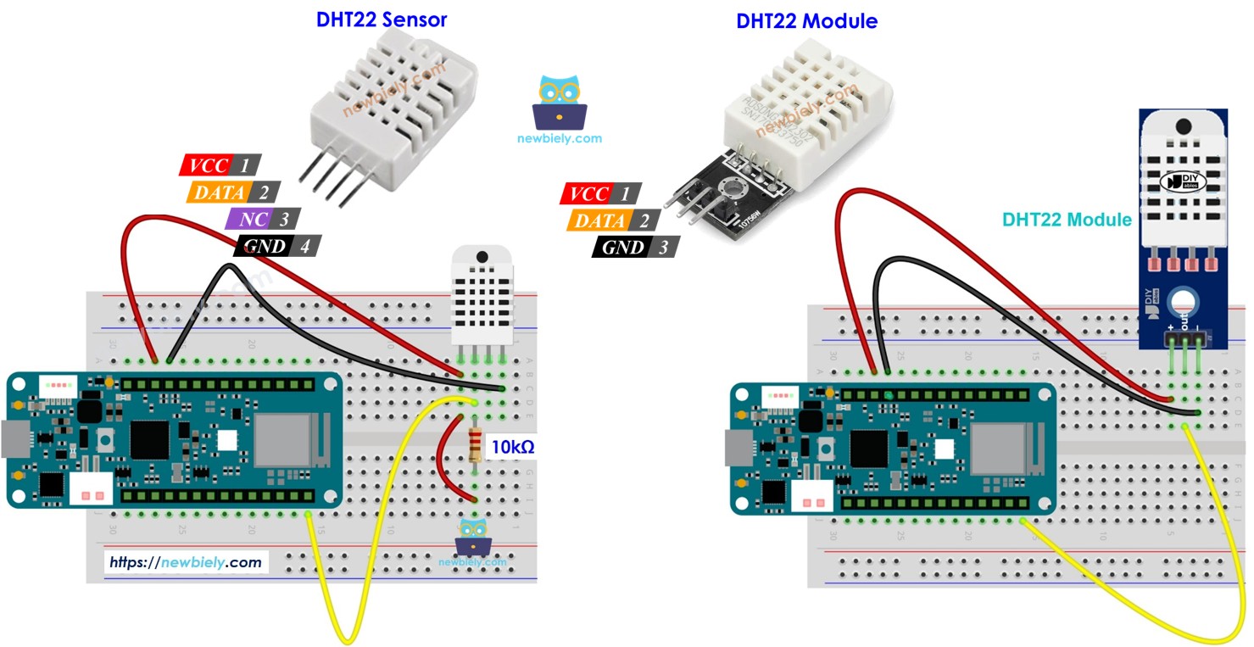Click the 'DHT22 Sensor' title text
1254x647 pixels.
click(x=382, y=20)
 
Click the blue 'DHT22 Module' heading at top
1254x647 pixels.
click(x=806, y=21)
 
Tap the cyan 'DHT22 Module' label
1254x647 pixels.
click(x=1067, y=220)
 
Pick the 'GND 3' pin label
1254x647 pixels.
click(x=635, y=248)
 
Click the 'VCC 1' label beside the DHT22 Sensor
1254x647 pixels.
click(x=220, y=165)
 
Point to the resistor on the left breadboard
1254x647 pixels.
click(x=475, y=446)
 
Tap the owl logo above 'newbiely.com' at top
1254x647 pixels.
click(x=560, y=103)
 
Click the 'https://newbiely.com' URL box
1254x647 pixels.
click(x=185, y=561)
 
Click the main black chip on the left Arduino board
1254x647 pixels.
click(x=149, y=439)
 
